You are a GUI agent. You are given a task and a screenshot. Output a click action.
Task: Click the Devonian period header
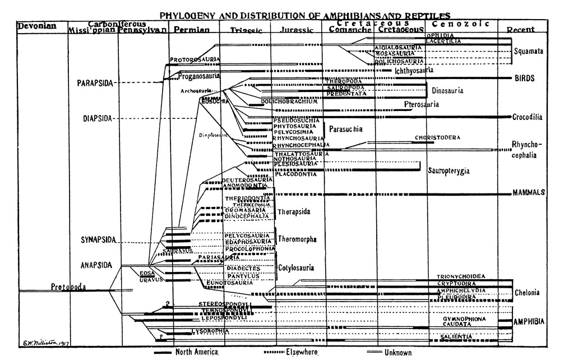pyautogui.click(x=35, y=26)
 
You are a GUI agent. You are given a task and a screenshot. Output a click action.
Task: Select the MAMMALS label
pyautogui.click(x=529, y=192)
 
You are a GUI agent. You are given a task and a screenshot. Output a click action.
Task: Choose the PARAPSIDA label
pyautogui.click(x=95, y=83)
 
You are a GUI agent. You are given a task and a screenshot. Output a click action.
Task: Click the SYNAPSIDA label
pyautogui.click(x=97, y=240)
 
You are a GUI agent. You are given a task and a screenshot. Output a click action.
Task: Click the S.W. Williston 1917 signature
pyautogui.click(x=43, y=344)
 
